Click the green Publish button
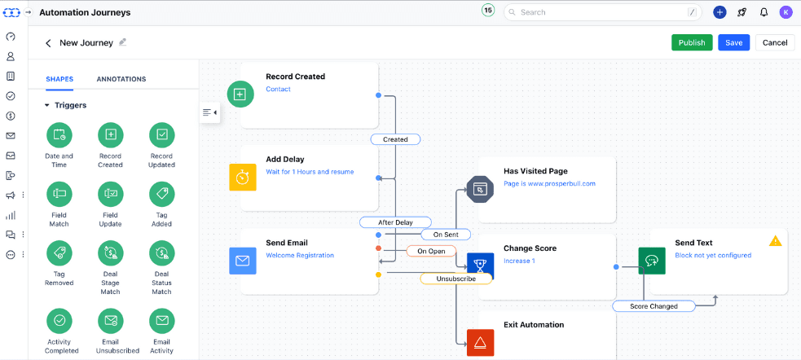coord(692,42)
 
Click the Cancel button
coord(774,42)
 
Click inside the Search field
coord(603,12)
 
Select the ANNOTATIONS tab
coord(121,79)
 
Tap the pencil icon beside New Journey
coord(123,42)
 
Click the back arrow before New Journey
coord(48,43)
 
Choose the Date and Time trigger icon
coord(59,134)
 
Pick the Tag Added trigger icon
coord(161,194)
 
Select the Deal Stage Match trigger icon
coord(110,253)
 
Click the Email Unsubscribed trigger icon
coord(110,320)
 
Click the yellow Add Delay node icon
coord(242,177)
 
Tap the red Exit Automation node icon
coord(480,342)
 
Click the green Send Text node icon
coord(651,261)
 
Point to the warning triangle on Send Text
coord(775,241)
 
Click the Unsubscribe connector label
coord(456,279)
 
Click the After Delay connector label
coord(395,222)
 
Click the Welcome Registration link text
coord(300,255)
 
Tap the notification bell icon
coord(764,12)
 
